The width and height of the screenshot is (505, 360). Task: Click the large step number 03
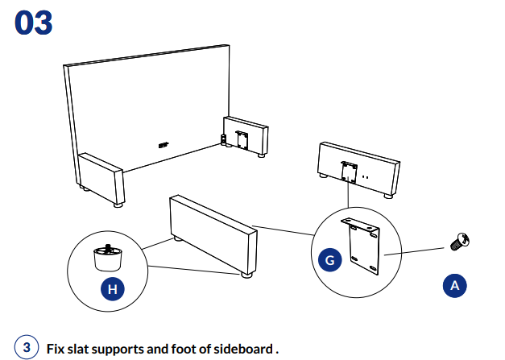[x=34, y=22]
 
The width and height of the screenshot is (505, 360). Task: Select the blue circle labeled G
[x=330, y=260]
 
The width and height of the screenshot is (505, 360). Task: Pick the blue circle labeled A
[x=454, y=284]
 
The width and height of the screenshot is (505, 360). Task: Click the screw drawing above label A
[x=461, y=238]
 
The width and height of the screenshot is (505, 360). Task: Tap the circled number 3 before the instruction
[x=27, y=348]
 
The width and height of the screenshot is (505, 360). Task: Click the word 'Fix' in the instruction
[x=56, y=349]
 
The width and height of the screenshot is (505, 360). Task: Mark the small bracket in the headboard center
[x=164, y=144]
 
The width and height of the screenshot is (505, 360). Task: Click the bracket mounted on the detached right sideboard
[x=349, y=170]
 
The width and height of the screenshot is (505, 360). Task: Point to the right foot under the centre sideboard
[x=246, y=275]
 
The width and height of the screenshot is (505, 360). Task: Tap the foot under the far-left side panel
[x=119, y=205]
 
